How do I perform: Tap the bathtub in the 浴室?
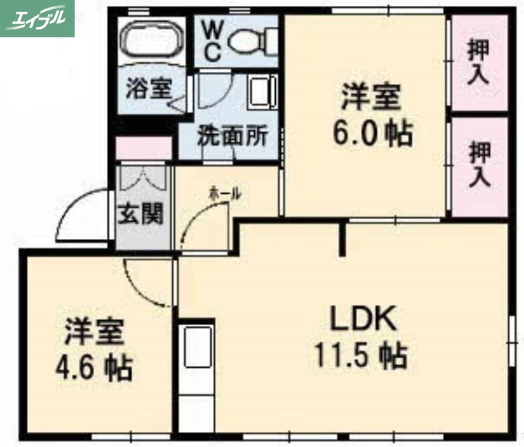[x=152, y=41]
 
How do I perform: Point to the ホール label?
[x=224, y=194]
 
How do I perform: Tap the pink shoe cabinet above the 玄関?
[x=144, y=149]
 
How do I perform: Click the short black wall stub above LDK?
[x=342, y=239]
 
